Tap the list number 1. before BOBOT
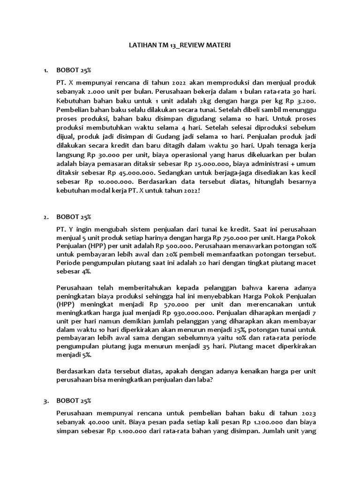point(45,70)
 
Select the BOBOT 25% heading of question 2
point(73,217)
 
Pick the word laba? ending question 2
point(205,381)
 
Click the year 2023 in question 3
point(307,413)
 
